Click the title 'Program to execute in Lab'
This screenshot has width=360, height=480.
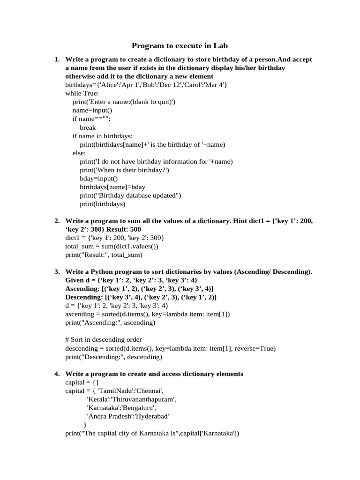click(x=180, y=45)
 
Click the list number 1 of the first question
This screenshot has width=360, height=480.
click(x=56, y=60)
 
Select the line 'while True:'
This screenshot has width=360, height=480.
click(x=82, y=93)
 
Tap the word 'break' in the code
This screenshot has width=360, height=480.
click(x=88, y=127)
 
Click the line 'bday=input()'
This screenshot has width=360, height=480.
click(x=99, y=179)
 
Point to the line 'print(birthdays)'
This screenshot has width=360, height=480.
click(x=103, y=204)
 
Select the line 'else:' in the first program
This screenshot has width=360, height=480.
click(x=79, y=153)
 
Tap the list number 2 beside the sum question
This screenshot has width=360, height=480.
click(x=56, y=221)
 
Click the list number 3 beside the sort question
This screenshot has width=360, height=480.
click(x=56, y=272)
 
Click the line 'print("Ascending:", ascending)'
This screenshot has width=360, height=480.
click(x=110, y=322)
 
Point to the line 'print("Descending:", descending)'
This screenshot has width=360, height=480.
click(x=113, y=357)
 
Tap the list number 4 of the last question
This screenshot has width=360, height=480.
click(x=56, y=374)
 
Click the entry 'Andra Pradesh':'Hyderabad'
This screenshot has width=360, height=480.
click(x=127, y=416)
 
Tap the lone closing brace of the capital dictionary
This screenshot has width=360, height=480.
click(x=85, y=425)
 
